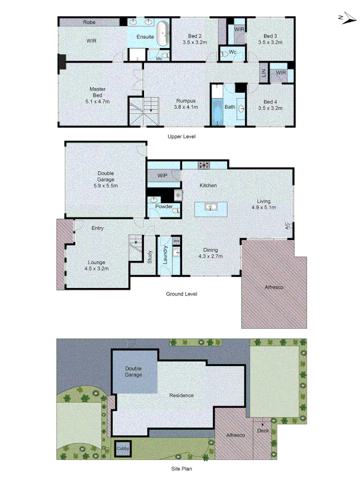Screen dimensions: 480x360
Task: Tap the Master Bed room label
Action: (x=97, y=95)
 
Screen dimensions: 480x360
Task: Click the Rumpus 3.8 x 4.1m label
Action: (x=186, y=103)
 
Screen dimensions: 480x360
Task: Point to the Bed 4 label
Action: (x=270, y=105)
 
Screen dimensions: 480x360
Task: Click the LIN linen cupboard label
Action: (x=263, y=74)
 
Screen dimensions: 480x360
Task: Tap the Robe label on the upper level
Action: (x=89, y=22)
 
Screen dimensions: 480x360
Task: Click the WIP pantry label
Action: (x=163, y=175)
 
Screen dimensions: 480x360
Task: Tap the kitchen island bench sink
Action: (x=211, y=207)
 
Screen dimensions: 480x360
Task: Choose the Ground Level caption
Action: (x=181, y=294)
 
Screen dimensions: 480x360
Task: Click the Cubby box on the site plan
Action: (x=123, y=449)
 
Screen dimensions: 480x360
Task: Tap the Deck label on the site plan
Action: (x=263, y=430)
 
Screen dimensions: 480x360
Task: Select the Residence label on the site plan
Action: (x=181, y=395)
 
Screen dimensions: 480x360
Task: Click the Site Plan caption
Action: (x=181, y=469)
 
